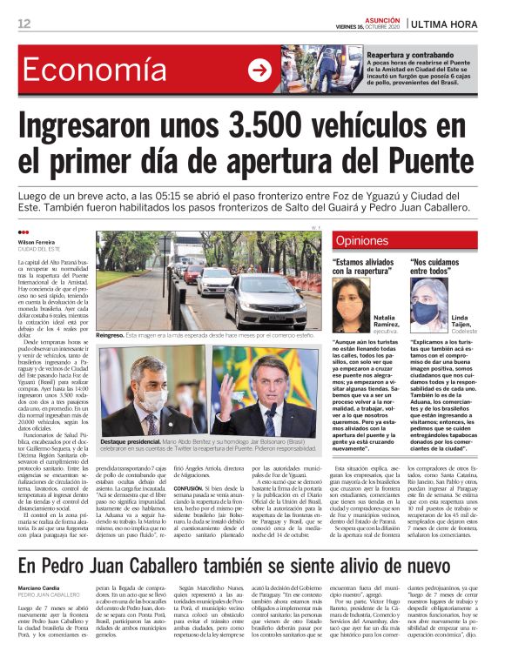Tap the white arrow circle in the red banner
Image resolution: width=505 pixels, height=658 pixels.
259,70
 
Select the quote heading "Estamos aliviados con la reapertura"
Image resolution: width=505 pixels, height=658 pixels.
365,266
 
